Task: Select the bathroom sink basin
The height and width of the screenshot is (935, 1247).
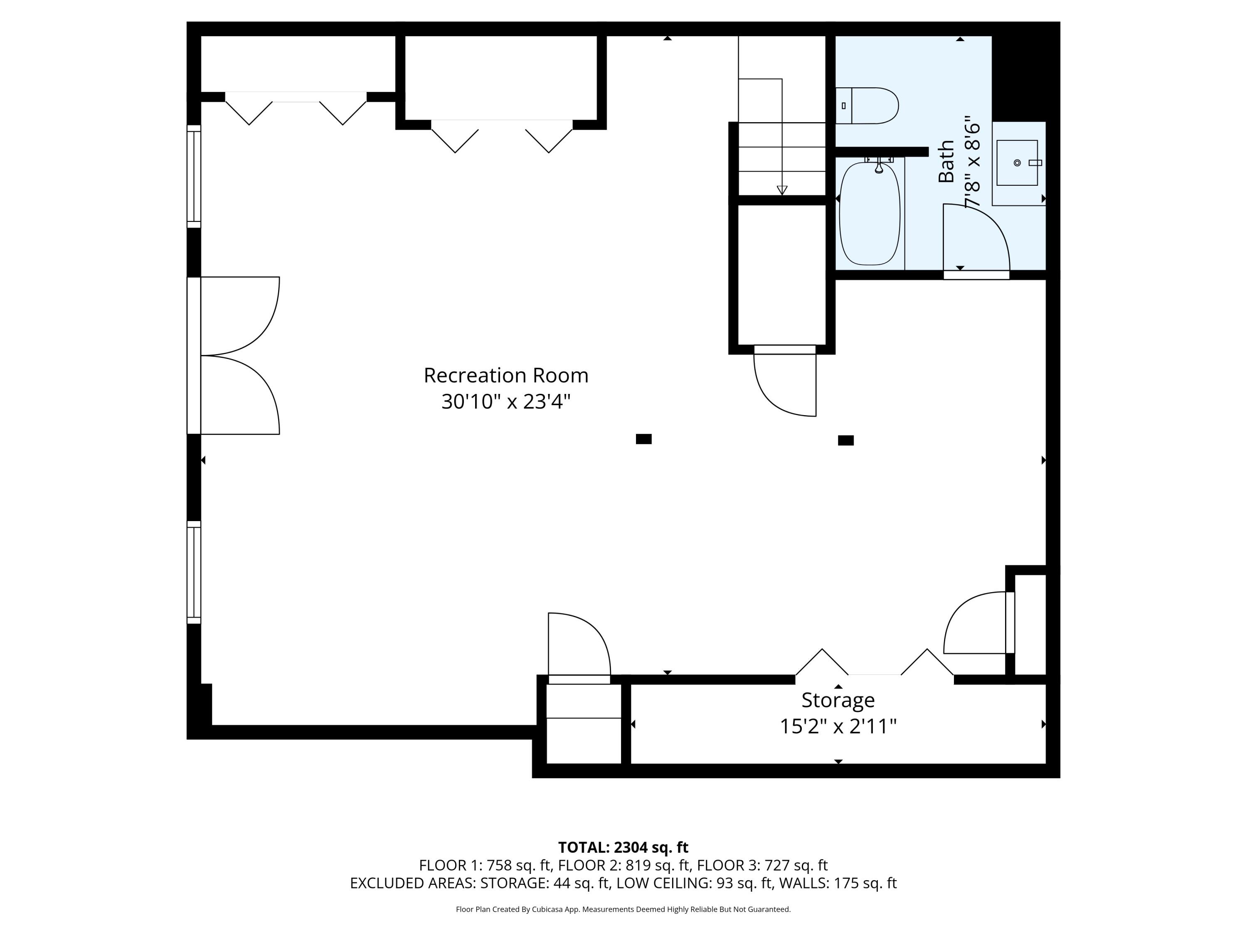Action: [1017, 163]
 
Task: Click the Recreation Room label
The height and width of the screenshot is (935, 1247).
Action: [506, 375]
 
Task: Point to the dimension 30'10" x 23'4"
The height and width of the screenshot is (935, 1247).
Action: [506, 402]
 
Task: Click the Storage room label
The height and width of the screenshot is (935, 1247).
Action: [838, 700]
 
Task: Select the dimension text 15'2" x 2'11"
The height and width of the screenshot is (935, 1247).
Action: [838, 726]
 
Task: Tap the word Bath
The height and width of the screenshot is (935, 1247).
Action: [946, 161]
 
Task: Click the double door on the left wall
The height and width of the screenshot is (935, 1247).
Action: [239, 356]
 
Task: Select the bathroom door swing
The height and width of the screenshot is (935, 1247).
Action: [976, 239]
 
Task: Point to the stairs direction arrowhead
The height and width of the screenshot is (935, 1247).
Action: [781, 190]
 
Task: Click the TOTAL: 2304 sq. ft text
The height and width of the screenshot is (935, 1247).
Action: [623, 847]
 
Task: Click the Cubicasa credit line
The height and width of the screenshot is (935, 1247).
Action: [623, 909]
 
